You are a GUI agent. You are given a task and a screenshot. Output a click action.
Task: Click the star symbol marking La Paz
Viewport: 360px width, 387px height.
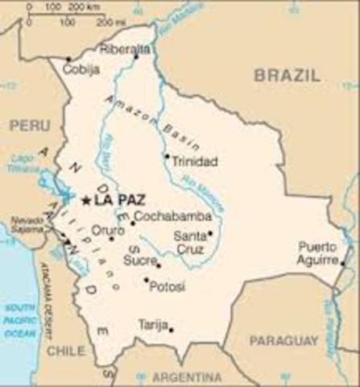[x=86, y=199]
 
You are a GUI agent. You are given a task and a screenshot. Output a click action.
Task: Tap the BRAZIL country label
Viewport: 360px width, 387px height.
[x=288, y=75]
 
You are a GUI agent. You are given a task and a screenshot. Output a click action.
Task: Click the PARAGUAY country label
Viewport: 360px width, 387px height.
[x=283, y=341]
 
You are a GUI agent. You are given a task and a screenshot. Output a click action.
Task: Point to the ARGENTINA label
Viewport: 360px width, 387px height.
[x=188, y=377]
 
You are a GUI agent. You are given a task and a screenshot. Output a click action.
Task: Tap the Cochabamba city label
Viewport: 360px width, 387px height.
[x=173, y=216]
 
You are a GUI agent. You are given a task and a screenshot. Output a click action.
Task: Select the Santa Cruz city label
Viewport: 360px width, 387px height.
[x=189, y=242]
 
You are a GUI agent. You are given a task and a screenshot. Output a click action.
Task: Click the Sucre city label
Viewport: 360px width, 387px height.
[x=139, y=260]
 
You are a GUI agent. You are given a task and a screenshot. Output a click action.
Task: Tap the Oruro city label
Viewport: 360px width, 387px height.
[x=107, y=230]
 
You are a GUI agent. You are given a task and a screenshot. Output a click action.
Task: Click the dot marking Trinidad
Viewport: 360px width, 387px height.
[x=167, y=156]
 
